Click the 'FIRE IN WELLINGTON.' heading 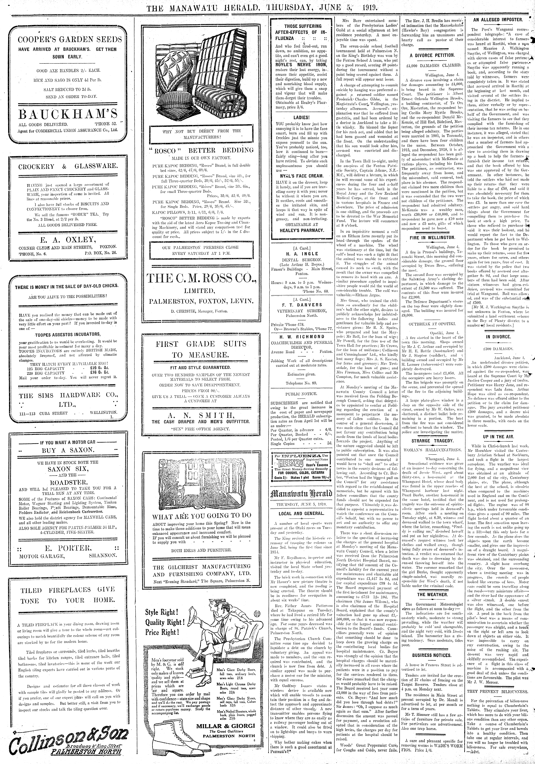[432, 238]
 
